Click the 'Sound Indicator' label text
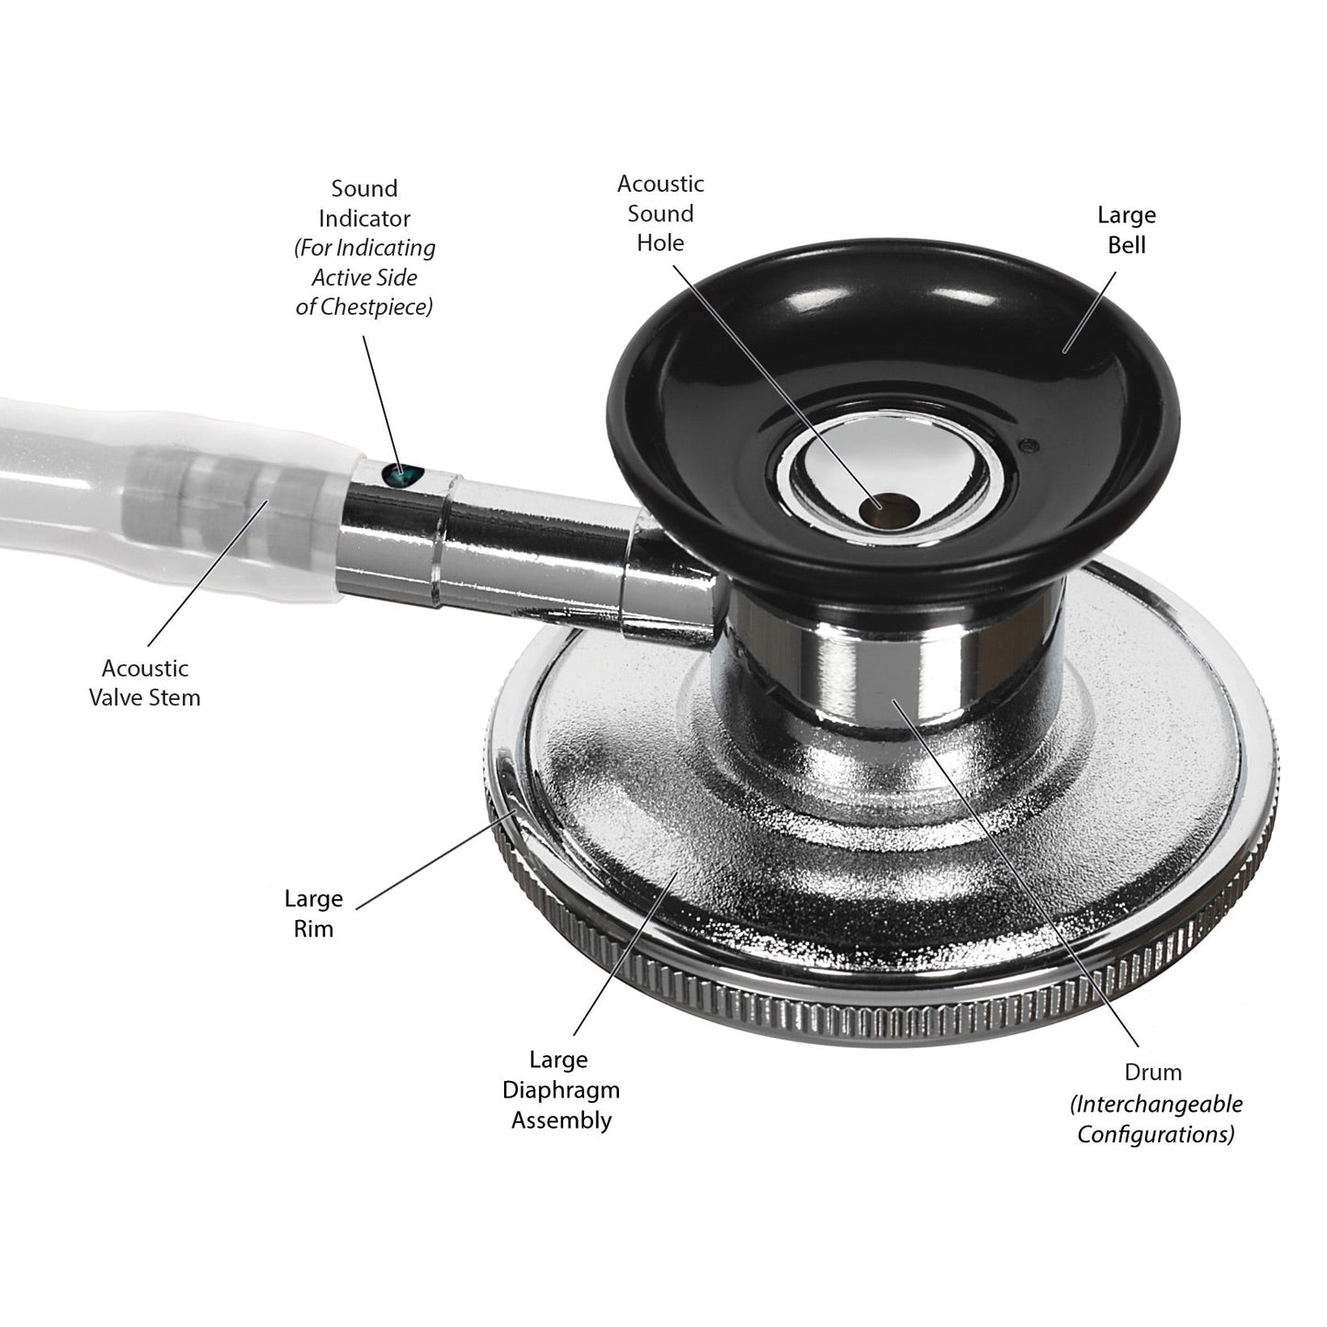(x=365, y=203)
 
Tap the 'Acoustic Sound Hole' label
(x=660, y=213)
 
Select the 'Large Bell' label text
(x=1127, y=230)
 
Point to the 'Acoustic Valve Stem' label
(x=144, y=682)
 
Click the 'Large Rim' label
(x=313, y=914)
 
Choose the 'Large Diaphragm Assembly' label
(x=560, y=1090)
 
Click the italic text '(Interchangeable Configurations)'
(x=1156, y=1119)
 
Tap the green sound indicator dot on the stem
(x=402, y=474)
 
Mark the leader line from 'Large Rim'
(x=435, y=860)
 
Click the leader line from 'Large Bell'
(x=1089, y=312)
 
